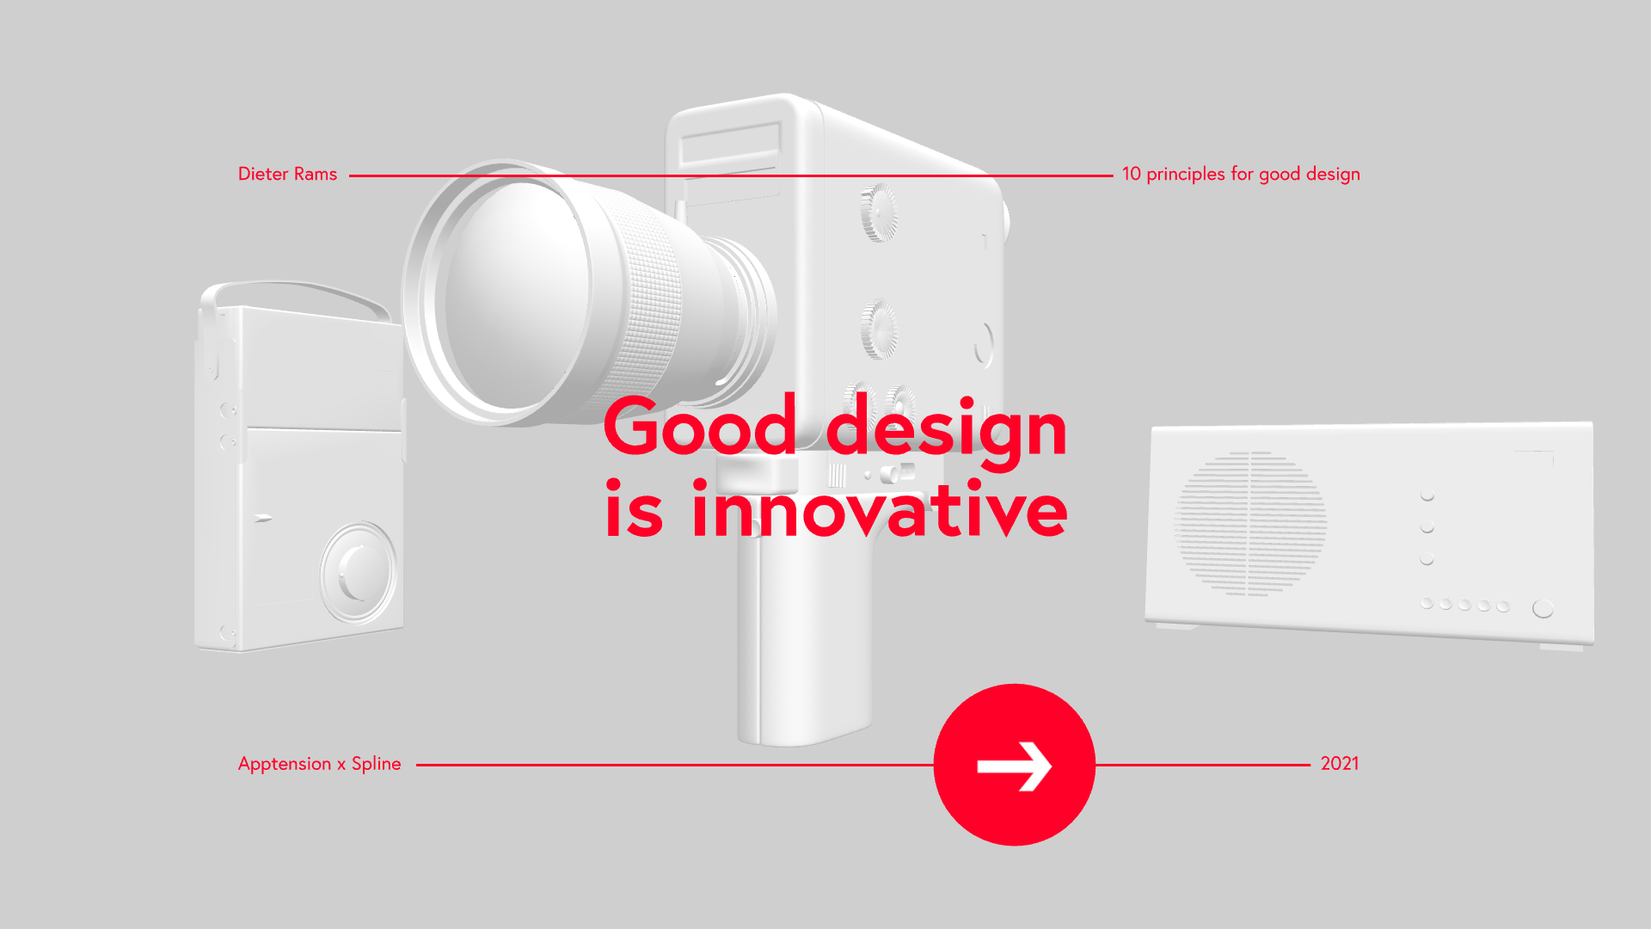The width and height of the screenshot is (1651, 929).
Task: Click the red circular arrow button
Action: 1015,765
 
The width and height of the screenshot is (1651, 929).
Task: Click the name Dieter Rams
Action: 287,174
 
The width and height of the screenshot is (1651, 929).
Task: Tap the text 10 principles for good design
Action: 1241,174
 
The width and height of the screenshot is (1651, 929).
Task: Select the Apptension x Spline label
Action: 320,764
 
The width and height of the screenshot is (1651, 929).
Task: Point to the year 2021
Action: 1340,763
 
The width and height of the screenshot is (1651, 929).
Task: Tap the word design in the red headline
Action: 947,430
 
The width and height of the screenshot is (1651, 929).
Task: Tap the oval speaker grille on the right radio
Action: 1251,524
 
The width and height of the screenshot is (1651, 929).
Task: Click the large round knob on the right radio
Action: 1543,608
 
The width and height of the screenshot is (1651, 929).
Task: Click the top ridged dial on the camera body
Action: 878,212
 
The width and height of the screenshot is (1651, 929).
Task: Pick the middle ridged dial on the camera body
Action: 879,329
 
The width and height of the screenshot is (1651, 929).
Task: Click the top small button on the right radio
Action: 1427,495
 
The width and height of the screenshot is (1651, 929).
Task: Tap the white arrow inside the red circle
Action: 1015,766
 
